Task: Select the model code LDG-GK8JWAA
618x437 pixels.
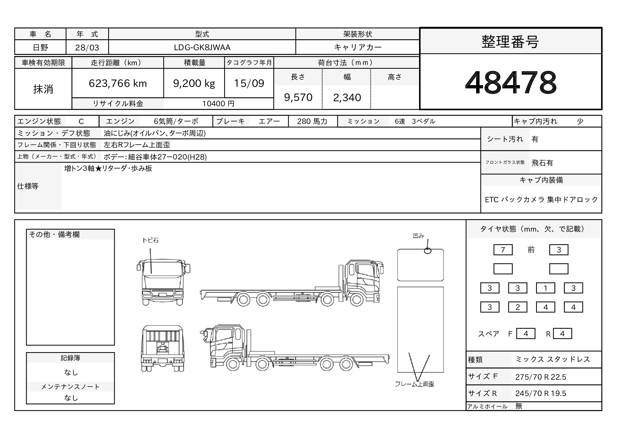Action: [x=202, y=47]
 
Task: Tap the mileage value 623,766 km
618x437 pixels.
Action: [x=118, y=83]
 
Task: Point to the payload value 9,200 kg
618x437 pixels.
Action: [x=194, y=83]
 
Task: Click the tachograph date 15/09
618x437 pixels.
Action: [x=249, y=83]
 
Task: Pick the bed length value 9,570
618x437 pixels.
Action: [x=298, y=97]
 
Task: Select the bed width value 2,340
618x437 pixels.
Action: [x=347, y=98]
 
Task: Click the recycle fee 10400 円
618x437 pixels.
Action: [x=218, y=104]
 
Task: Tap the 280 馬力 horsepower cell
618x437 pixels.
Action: [x=312, y=121]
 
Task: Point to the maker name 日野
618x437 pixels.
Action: [x=41, y=48]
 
